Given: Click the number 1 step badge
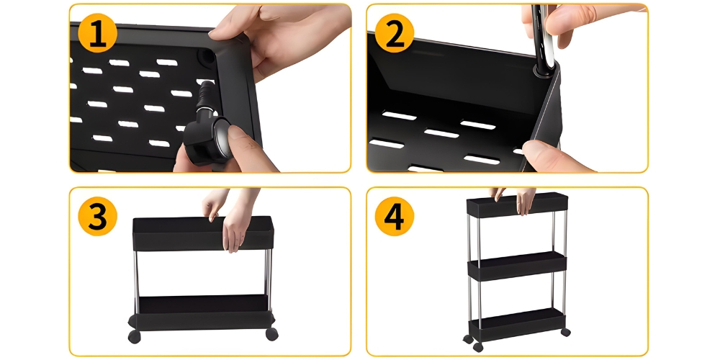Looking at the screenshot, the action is (97, 33).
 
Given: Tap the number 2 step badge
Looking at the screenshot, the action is (395, 33).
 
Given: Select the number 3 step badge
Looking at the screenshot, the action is (97, 216).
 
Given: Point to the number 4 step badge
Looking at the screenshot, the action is (395, 216).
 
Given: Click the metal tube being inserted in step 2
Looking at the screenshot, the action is (543, 37).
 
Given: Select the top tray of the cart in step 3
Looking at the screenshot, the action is (203, 233).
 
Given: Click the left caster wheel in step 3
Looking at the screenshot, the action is (134, 336).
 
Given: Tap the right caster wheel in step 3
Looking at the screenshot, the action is (272, 334).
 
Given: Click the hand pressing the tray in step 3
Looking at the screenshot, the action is (231, 220).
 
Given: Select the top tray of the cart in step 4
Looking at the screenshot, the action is (517, 204).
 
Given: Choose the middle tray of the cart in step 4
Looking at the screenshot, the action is (517, 266).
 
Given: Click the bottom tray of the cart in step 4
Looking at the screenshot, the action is (517, 325).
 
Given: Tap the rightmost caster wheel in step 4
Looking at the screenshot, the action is (565, 332).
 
